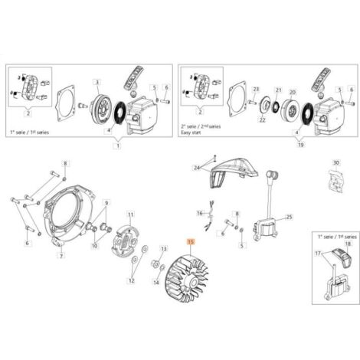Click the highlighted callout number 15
coord(181,241)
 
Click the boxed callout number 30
coord(335,162)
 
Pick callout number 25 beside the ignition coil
coord(288,218)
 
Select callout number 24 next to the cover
coord(197,166)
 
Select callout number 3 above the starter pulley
coord(97,82)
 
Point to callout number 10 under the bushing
coord(95,247)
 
